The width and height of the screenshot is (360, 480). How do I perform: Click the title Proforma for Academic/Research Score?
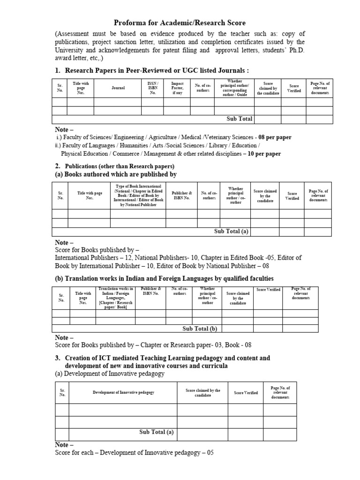point(180,22)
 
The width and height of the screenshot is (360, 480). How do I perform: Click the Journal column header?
point(118,88)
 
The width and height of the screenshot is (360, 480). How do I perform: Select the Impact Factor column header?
point(177,88)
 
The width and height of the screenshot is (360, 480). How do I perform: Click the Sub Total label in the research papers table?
point(240,119)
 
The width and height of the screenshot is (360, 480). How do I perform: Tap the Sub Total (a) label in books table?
point(231,231)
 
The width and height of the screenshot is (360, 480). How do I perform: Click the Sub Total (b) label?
point(200,329)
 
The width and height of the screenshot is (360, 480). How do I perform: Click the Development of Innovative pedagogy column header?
point(123,392)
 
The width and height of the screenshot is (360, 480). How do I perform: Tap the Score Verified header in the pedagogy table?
point(246,392)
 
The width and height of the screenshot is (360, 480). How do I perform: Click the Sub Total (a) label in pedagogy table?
point(157,432)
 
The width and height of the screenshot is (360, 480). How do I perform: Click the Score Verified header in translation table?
point(269,290)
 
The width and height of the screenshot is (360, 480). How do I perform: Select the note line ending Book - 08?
point(153,345)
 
